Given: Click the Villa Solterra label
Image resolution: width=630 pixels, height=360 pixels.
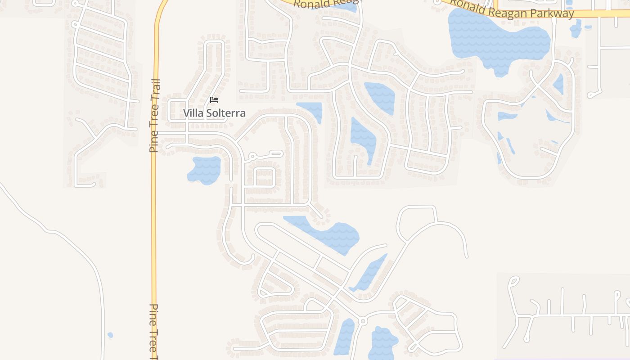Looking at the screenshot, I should coord(214,113).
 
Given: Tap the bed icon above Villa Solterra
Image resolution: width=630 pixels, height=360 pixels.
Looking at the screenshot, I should coord(214,99).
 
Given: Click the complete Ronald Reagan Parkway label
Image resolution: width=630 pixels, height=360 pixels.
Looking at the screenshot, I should coord(512,9).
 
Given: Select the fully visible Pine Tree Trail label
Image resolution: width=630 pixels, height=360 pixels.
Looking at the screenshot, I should coord(154,116).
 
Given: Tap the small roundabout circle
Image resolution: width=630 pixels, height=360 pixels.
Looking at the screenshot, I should coord(362,321).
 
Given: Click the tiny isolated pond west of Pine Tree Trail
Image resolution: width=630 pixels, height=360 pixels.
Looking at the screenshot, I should coord(110,335).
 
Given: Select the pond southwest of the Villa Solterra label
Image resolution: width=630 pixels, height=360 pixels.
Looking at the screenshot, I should coord(205,170).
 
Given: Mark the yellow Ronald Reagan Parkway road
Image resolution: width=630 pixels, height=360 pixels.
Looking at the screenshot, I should coord(598,14).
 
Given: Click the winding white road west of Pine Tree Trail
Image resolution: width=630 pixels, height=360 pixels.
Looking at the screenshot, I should coord(67,238).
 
